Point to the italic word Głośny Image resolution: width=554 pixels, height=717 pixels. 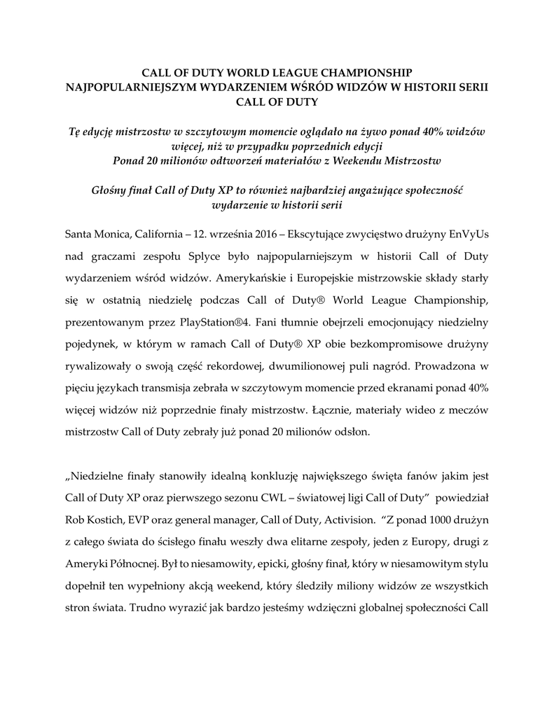(113, 190)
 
